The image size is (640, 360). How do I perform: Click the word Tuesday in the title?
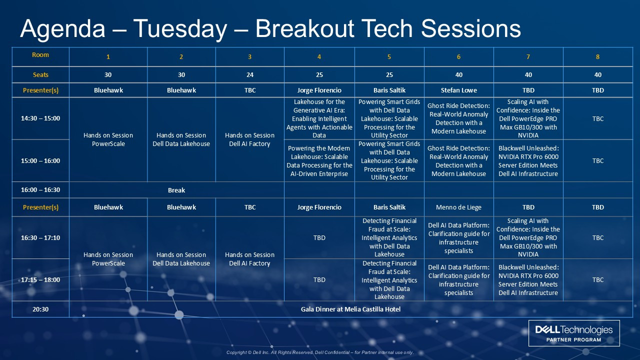point(180,29)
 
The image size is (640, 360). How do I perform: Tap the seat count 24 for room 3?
point(249,75)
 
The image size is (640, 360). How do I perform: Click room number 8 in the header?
point(597,57)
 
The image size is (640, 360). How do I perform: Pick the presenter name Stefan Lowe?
point(458,90)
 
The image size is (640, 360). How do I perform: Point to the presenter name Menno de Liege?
point(458,207)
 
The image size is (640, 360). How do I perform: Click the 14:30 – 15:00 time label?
point(40,118)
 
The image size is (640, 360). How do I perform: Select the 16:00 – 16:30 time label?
point(40,189)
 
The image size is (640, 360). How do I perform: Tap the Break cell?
point(176,190)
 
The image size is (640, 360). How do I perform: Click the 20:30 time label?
point(40,309)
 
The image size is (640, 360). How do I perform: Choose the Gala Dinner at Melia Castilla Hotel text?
point(350,309)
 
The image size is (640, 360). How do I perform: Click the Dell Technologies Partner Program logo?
point(574,333)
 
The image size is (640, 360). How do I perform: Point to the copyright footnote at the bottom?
point(320,352)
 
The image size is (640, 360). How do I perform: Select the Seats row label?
point(40,75)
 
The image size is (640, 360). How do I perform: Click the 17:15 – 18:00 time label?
point(40,279)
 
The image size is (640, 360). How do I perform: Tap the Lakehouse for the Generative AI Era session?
point(319,118)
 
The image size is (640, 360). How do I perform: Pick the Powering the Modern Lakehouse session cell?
point(319,161)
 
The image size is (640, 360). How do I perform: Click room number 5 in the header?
point(389,57)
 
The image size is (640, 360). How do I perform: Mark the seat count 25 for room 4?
point(319,75)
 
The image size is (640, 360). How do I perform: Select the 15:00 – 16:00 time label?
point(40,160)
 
